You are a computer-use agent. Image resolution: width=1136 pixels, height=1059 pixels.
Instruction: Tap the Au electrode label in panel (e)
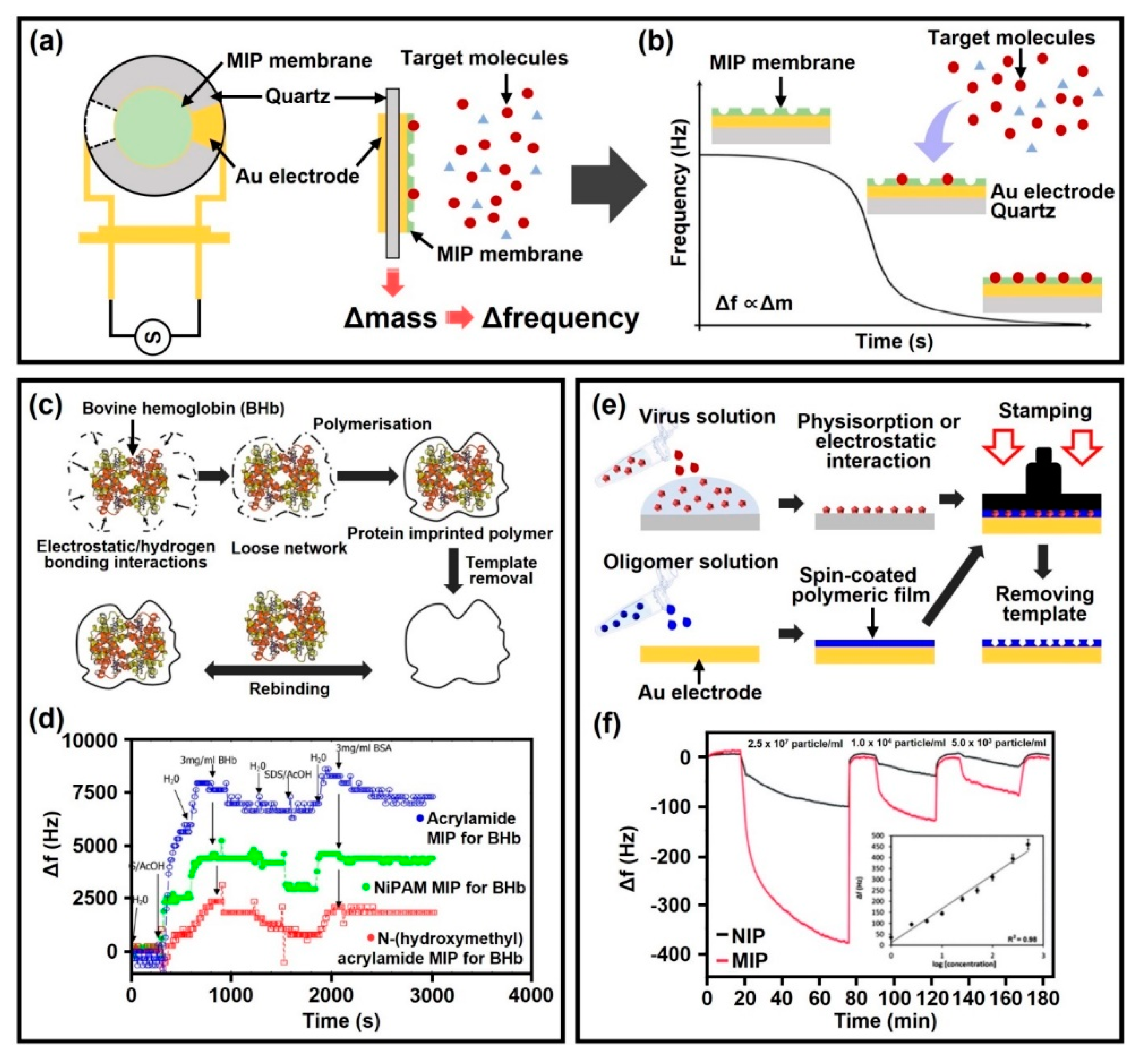700,692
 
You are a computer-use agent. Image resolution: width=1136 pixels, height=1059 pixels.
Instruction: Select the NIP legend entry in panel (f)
740,936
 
